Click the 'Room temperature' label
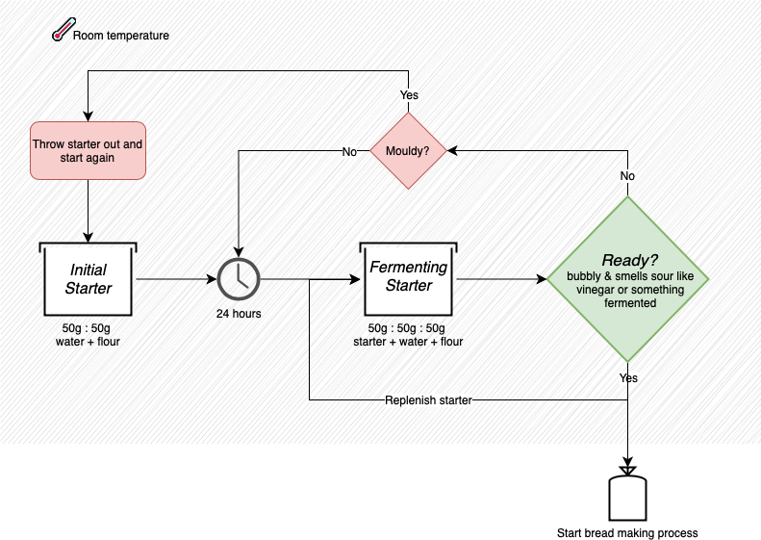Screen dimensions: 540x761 pyautogui.click(x=121, y=37)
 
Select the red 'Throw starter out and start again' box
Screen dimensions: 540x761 pyautogui.click(x=88, y=150)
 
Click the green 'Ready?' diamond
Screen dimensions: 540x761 pyautogui.click(x=627, y=279)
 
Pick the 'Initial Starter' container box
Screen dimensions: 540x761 pyautogui.click(x=89, y=279)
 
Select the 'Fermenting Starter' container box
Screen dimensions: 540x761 pyautogui.click(x=409, y=279)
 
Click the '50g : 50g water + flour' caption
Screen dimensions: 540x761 pyautogui.click(x=89, y=335)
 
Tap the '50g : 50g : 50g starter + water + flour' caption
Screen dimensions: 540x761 pyautogui.click(x=409, y=335)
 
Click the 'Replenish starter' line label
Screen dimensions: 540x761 pyautogui.click(x=428, y=399)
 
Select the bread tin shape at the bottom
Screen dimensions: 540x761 pyautogui.click(x=627, y=494)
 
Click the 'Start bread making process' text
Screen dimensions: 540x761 pyautogui.click(x=627, y=532)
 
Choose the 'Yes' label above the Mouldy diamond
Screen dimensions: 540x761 pyautogui.click(x=409, y=95)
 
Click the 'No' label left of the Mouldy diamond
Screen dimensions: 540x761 pyautogui.click(x=350, y=151)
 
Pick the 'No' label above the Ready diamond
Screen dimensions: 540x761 pyautogui.click(x=627, y=176)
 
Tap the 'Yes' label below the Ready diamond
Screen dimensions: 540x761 pyautogui.click(x=627, y=378)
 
